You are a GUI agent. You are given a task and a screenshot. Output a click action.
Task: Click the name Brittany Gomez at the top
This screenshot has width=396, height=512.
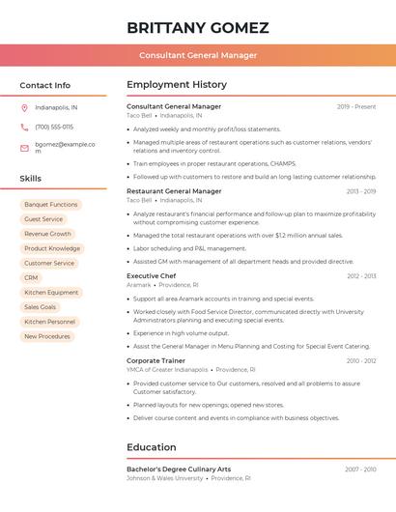[x=198, y=27]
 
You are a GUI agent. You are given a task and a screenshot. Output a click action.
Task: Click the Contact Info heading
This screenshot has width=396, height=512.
[x=44, y=85]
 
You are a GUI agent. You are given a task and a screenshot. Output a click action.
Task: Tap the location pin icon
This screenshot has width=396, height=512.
[x=24, y=107]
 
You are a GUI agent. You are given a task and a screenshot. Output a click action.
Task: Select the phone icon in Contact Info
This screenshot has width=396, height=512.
[x=24, y=127]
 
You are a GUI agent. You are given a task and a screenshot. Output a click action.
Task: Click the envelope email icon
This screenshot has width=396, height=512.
[x=24, y=148]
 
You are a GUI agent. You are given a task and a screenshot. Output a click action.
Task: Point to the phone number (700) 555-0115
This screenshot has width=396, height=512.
[x=54, y=127]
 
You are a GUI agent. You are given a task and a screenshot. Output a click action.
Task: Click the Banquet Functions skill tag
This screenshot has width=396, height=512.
[x=51, y=205]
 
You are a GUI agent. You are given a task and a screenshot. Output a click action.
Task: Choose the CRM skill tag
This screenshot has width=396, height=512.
[x=31, y=277]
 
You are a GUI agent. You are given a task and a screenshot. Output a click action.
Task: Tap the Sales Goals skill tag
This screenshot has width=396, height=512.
[x=41, y=307]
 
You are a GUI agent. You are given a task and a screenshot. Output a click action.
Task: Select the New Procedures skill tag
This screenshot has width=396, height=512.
[x=47, y=336]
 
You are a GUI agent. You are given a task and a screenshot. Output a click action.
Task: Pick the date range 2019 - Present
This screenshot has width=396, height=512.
[x=356, y=107]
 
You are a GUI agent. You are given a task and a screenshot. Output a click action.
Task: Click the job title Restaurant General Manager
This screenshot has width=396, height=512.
[x=174, y=191]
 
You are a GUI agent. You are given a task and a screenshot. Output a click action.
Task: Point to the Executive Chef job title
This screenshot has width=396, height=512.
[x=151, y=276]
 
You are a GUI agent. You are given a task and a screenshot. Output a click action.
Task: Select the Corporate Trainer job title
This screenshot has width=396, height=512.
[x=156, y=360]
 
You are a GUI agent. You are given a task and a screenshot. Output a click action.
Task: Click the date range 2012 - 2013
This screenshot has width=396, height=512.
[x=361, y=276]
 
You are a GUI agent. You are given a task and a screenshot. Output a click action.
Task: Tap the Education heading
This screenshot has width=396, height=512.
[x=153, y=447]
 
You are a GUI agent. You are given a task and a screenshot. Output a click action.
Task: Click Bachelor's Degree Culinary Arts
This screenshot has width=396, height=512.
[x=179, y=469]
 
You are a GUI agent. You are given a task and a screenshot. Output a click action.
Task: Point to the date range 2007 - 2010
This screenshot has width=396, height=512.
[x=360, y=469]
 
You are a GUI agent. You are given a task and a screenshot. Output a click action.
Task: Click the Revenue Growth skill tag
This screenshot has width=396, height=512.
[x=47, y=234]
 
